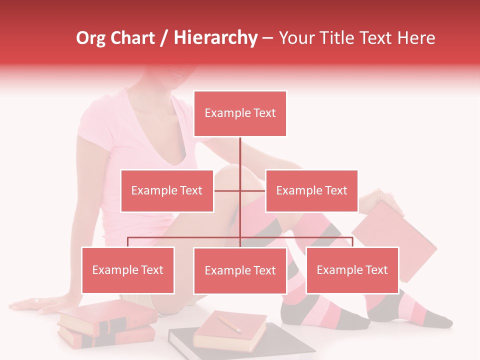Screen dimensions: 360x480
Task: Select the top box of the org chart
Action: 240,113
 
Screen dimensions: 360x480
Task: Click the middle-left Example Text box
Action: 167,191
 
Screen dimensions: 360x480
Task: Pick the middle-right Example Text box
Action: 311,191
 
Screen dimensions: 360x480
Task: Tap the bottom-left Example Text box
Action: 128,270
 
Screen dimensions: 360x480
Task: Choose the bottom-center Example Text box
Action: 240,271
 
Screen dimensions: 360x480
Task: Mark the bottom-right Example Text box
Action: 352,270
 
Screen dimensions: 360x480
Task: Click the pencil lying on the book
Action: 229,323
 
